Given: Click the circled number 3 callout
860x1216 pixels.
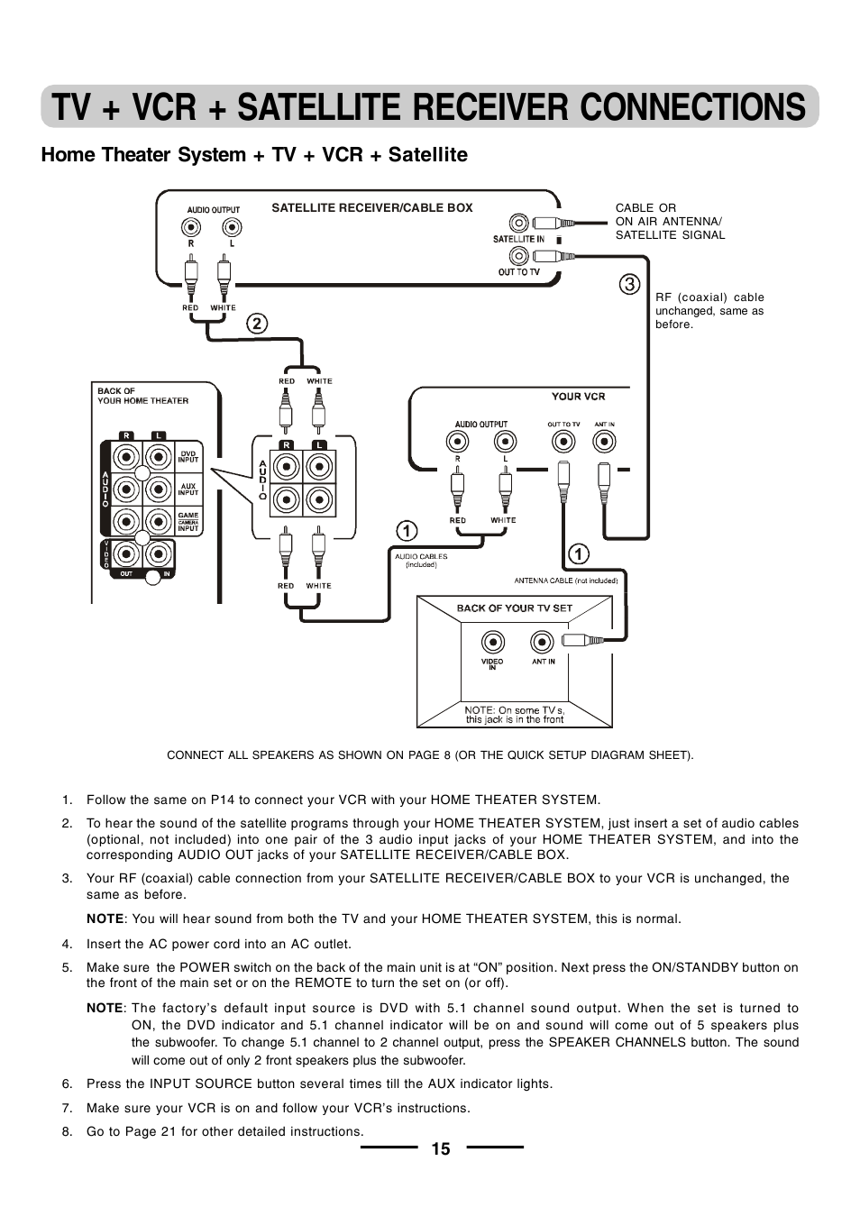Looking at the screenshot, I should click(x=629, y=284).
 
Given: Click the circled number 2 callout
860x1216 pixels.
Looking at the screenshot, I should click(x=257, y=324).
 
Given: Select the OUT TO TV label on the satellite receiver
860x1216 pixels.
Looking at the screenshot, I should click(x=518, y=272).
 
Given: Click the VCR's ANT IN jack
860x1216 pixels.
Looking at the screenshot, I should click(x=604, y=442).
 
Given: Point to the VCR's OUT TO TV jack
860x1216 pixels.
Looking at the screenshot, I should click(x=563, y=442).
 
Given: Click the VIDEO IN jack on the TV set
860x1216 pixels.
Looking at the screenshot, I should click(x=492, y=642).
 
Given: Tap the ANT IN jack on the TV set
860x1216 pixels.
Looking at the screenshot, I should click(x=542, y=642).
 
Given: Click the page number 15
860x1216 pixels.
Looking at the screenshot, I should click(x=440, y=1148).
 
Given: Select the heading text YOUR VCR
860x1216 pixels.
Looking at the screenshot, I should click(x=578, y=397).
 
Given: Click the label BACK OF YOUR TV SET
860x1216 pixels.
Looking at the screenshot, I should click(x=514, y=608).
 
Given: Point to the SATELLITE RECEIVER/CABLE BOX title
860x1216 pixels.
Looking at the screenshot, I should click(x=371, y=208).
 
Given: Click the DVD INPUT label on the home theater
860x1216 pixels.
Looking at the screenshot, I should click(x=188, y=457).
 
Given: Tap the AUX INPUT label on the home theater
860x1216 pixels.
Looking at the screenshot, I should click(x=188, y=489).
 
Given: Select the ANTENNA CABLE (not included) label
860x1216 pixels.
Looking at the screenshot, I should click(x=565, y=581).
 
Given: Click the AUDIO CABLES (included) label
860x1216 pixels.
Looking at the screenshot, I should click(x=420, y=560).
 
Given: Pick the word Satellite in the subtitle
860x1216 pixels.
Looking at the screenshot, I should click(x=427, y=155).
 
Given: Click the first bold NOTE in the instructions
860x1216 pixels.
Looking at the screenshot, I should click(x=105, y=919).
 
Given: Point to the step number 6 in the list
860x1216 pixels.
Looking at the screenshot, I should click(x=67, y=1083).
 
